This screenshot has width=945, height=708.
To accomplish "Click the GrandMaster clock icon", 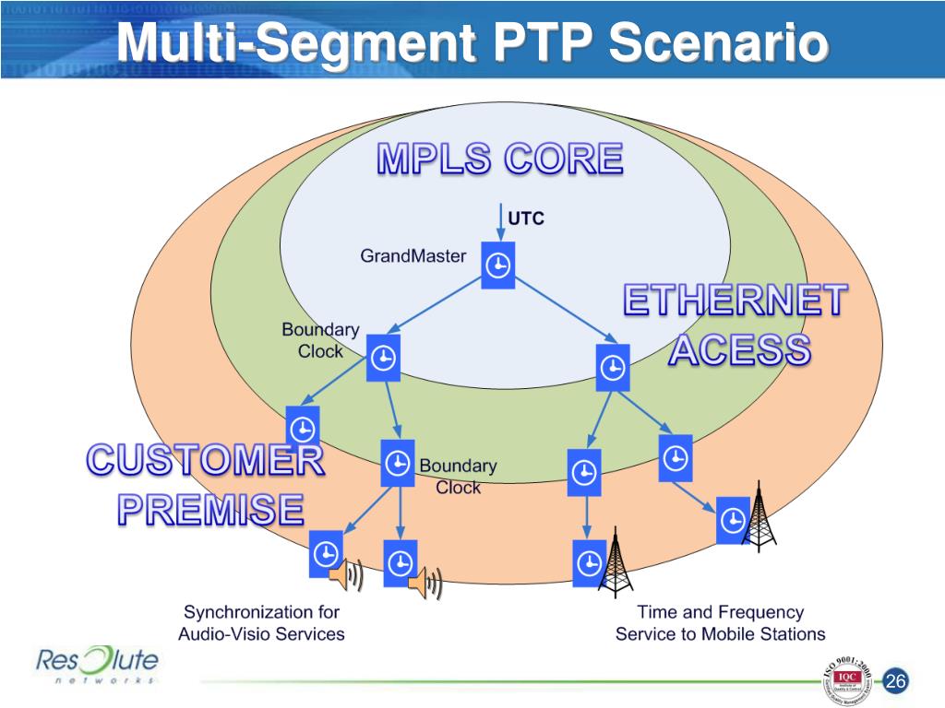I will (497, 265).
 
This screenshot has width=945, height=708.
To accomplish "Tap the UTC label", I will (526, 218).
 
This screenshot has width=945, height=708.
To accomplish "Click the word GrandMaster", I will (413, 256).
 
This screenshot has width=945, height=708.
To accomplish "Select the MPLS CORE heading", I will (499, 159).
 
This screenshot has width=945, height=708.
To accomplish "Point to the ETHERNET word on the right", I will (736, 301).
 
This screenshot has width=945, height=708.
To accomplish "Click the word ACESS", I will (740, 350).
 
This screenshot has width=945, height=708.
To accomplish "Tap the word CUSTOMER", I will (205, 460).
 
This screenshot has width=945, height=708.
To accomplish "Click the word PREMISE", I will (210, 509).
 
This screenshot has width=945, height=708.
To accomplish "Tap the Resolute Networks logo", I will (97, 666).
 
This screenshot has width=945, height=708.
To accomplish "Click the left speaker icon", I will (344, 576).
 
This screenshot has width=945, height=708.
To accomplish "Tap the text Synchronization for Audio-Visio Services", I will (261, 623).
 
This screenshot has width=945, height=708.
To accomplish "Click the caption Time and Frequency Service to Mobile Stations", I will (720, 623).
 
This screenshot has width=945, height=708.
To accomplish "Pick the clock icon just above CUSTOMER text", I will (303, 427).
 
